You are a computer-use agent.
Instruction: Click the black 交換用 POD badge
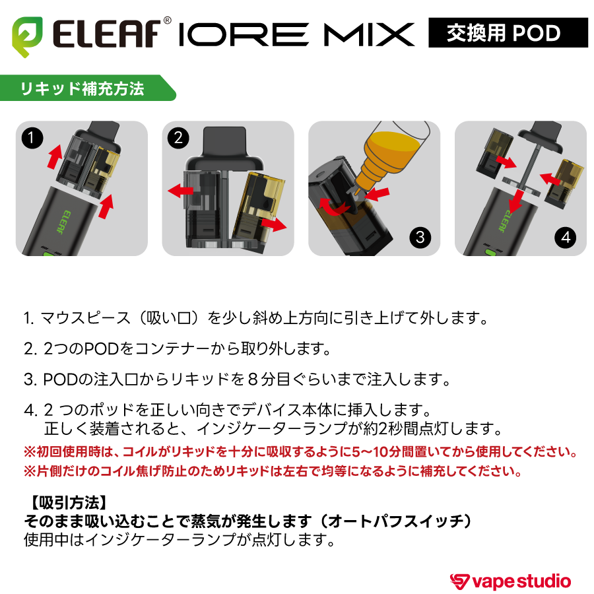[508, 32]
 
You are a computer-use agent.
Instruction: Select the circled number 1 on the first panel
[32, 139]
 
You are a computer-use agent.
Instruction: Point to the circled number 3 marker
[420, 237]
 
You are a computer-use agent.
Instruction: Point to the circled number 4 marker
[566, 237]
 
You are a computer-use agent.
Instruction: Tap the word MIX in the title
[372, 33]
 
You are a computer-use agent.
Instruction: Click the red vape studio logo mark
[460, 581]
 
